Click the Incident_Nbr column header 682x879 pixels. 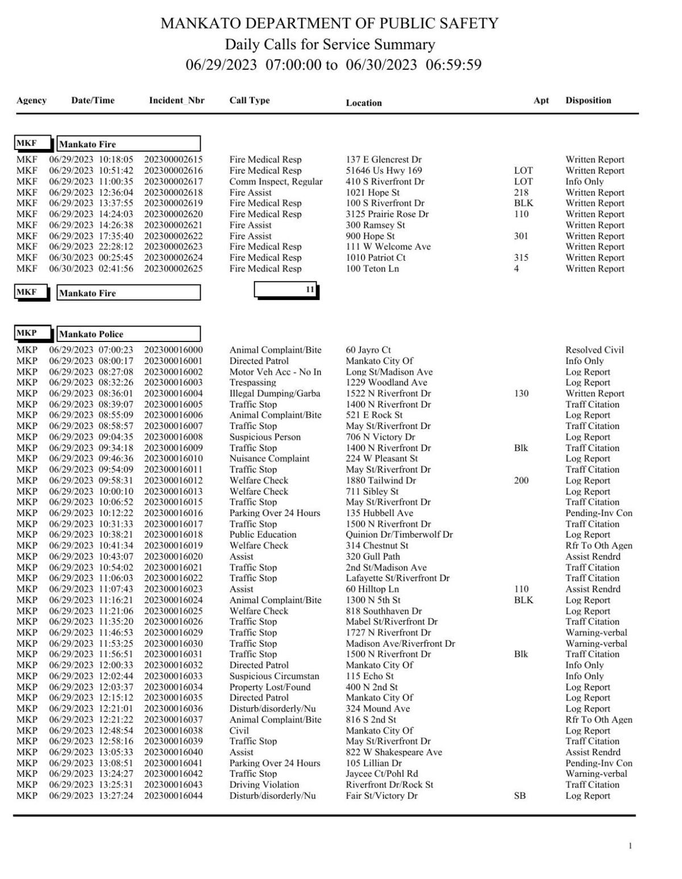(176, 101)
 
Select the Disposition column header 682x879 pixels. (588, 101)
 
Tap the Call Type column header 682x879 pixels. (249, 101)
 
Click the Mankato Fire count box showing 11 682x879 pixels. (286, 290)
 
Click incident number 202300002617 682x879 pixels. (173, 182)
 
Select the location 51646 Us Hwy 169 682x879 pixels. (384, 170)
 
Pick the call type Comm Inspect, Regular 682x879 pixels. (276, 182)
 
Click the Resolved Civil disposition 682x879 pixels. (594, 350)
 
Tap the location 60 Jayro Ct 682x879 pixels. (368, 350)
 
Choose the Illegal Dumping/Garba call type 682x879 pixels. (275, 393)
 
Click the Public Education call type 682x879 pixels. (263, 535)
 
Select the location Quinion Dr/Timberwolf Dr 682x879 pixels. (399, 535)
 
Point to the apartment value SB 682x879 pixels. (519, 796)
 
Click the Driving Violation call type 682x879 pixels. (264, 785)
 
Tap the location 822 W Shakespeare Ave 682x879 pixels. (394, 752)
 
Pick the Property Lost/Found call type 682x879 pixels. (270, 687)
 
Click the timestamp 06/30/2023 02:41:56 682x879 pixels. (91, 269)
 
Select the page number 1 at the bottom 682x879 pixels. (630, 847)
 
